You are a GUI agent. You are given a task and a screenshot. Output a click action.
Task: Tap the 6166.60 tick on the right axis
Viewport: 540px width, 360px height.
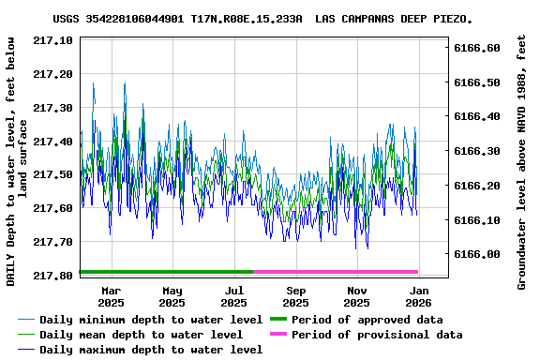click(477, 48)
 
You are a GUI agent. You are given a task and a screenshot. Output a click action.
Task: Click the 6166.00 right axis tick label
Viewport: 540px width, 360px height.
click(477, 254)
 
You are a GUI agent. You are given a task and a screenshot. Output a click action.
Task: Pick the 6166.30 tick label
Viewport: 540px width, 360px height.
click(477, 151)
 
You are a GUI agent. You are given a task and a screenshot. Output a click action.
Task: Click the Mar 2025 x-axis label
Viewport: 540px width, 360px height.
click(111, 296)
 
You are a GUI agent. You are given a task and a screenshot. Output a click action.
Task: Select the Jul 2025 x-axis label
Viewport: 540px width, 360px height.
click(234, 296)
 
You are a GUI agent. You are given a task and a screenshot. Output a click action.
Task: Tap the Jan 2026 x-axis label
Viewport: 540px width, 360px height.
click(418, 296)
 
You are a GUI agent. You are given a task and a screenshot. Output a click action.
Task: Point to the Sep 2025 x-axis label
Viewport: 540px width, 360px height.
click(295, 296)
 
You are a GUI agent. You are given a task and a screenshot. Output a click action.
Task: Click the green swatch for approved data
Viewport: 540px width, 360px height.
click(279, 320)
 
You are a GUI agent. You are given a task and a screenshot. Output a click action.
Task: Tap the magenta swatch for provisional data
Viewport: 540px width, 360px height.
click(279, 335)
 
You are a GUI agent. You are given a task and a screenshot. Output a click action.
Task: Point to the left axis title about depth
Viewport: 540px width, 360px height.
click(17, 161)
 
